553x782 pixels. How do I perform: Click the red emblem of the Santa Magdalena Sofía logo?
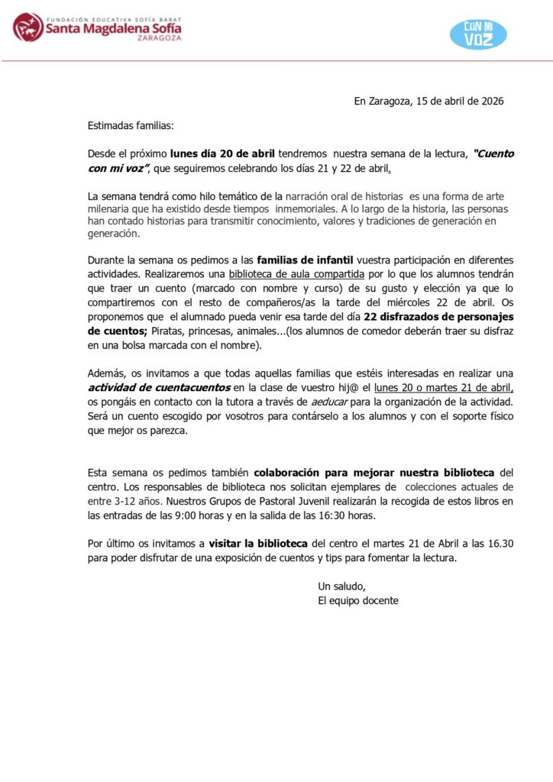pyautogui.click(x=28, y=27)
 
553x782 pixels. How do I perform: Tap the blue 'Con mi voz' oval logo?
pyautogui.click(x=478, y=34)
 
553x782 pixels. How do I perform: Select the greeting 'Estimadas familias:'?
pyautogui.click(x=131, y=125)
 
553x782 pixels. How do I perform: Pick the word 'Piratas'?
pyautogui.click(x=169, y=331)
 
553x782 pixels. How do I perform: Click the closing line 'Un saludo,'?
pyautogui.click(x=342, y=586)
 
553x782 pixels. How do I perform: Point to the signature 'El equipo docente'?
pyautogui.click(x=358, y=600)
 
